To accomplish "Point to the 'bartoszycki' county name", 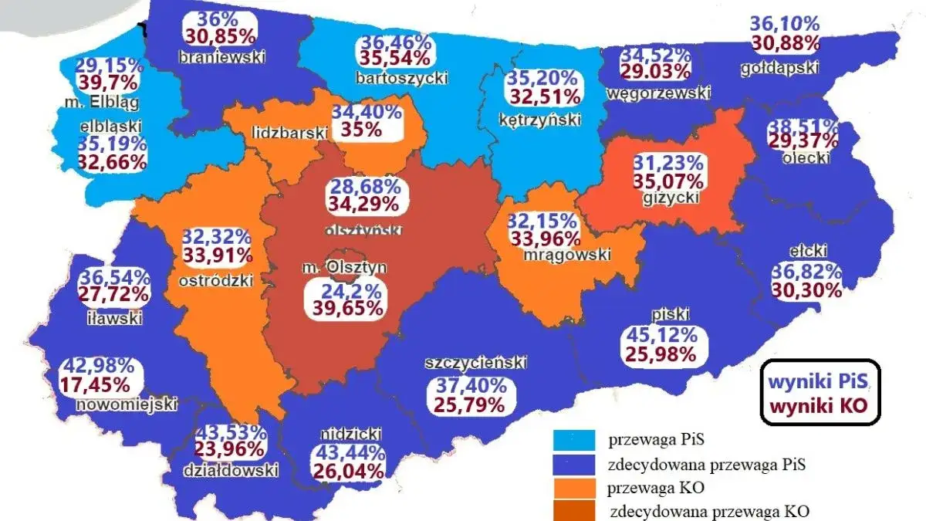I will pyautogui.click(x=390, y=77).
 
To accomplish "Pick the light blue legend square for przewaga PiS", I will pyautogui.click(x=574, y=440).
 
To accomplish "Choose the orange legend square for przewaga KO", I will pyautogui.click(x=574, y=488).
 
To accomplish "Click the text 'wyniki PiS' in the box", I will pyautogui.click(x=819, y=381).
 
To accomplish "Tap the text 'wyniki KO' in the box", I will pyautogui.click(x=819, y=404).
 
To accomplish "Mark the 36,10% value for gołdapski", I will pyautogui.click(x=784, y=25).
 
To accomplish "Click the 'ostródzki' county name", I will pyautogui.click(x=216, y=280).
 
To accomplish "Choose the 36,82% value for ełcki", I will pyautogui.click(x=806, y=272).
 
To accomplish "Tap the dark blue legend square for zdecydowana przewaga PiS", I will pyautogui.click(x=574, y=464).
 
